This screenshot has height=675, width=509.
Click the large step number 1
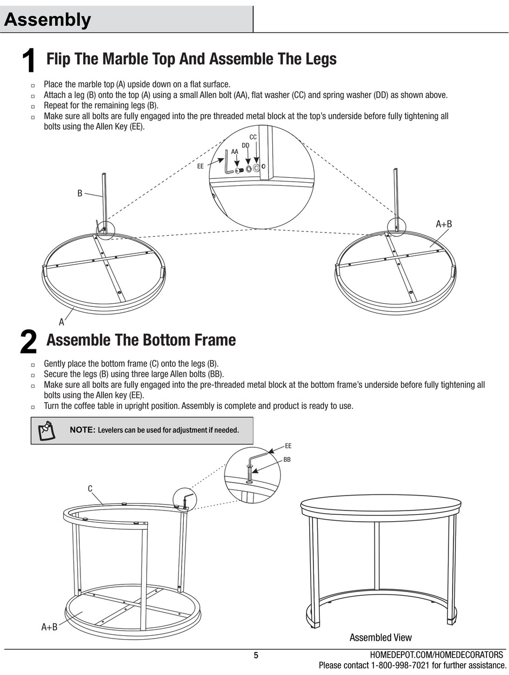coord(28,61)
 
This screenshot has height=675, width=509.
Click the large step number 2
coord(28,341)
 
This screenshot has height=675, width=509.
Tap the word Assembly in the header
coord(47,20)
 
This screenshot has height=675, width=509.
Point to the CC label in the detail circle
coord(253,137)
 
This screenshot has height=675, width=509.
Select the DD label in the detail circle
coord(245,145)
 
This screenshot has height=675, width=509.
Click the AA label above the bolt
coord(235,152)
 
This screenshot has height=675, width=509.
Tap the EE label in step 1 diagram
coord(200,167)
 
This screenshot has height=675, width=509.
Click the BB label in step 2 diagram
coord(287,460)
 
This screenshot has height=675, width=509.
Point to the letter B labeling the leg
coord(80,193)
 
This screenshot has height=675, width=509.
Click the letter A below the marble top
coord(62,322)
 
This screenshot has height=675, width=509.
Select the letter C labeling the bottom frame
coord(90,489)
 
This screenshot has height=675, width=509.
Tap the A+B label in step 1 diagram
coord(444,224)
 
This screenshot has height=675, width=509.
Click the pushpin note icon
coord(47,430)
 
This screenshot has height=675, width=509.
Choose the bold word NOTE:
coord(83,430)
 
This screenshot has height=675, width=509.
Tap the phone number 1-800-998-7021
coord(400,665)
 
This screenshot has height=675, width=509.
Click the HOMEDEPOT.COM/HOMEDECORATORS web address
coord(437,655)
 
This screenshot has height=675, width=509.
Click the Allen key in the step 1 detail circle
coord(228,162)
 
